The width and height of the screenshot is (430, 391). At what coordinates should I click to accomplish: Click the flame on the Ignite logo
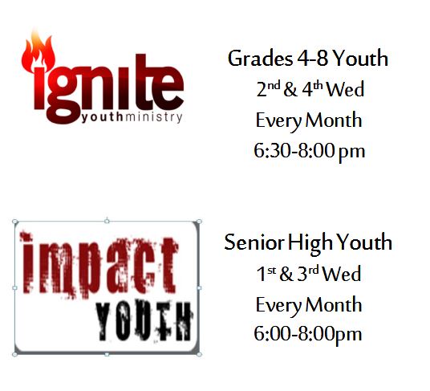click(38, 52)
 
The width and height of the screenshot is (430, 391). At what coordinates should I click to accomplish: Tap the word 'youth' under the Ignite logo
click(103, 117)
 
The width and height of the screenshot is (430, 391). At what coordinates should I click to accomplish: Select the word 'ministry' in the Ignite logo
click(153, 117)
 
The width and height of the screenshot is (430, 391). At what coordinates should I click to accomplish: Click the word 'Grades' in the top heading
click(260, 59)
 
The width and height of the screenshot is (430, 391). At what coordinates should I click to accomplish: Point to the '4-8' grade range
click(313, 59)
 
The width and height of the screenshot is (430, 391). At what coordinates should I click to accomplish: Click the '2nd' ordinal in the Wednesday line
click(268, 88)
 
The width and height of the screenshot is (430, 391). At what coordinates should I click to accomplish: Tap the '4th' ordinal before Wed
click(312, 88)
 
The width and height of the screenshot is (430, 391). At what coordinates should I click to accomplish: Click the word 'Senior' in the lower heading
click(254, 242)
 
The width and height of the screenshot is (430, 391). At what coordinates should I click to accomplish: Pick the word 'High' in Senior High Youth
click(310, 243)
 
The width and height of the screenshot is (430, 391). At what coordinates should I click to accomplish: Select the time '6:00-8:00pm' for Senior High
click(308, 334)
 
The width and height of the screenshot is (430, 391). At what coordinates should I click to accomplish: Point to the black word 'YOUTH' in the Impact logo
click(144, 321)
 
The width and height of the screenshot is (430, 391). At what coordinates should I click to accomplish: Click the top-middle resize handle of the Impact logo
click(107, 221)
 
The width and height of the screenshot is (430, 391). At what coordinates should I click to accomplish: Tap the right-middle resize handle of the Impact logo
click(200, 288)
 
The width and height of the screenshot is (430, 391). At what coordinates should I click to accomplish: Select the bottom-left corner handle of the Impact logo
click(14, 355)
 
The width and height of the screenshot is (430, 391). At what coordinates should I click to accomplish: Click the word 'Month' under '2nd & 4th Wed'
click(334, 120)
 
